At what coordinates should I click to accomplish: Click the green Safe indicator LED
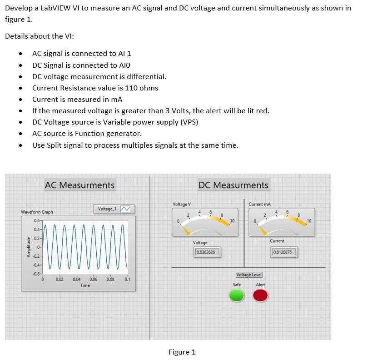[x=236, y=296]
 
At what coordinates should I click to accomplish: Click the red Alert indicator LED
[x=260, y=296]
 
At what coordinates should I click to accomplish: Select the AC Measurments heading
[x=79, y=185]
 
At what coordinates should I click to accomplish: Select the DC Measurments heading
[x=233, y=185]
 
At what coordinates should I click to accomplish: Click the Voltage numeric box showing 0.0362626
[x=207, y=252]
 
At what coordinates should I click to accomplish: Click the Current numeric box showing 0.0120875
[x=284, y=252]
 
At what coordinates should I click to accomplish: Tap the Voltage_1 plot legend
[x=114, y=209]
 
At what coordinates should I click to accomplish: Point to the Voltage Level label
[x=249, y=275]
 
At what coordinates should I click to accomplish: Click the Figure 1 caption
[x=182, y=352]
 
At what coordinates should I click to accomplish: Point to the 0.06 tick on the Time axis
[x=94, y=280]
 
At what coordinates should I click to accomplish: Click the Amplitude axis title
[x=29, y=247]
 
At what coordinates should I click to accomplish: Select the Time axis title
[x=85, y=285]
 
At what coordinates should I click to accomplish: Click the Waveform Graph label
[x=37, y=212]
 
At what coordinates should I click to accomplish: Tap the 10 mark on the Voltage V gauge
[x=232, y=220]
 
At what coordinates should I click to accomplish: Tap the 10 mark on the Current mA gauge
[x=309, y=220]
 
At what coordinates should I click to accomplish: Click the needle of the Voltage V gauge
[x=187, y=230]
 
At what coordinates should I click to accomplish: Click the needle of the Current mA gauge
[x=263, y=230]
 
